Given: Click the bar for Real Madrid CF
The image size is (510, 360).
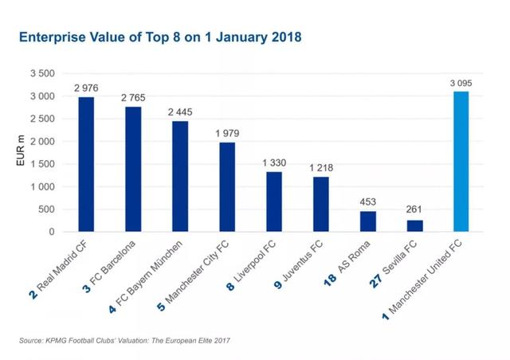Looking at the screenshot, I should click(x=87, y=164).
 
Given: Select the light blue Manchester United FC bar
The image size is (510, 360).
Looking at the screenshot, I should click(x=461, y=162).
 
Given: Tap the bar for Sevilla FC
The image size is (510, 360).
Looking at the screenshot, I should click(x=414, y=225).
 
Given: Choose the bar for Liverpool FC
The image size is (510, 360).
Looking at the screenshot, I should click(x=273, y=202).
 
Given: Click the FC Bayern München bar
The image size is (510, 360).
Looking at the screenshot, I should click(x=180, y=176).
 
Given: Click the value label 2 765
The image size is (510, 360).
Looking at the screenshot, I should click(x=134, y=97).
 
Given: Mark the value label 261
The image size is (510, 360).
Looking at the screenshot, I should click(x=414, y=210).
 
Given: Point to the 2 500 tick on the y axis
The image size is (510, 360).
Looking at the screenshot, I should click(x=41, y=119).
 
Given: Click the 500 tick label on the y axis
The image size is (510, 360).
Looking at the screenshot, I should click(x=46, y=209).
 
